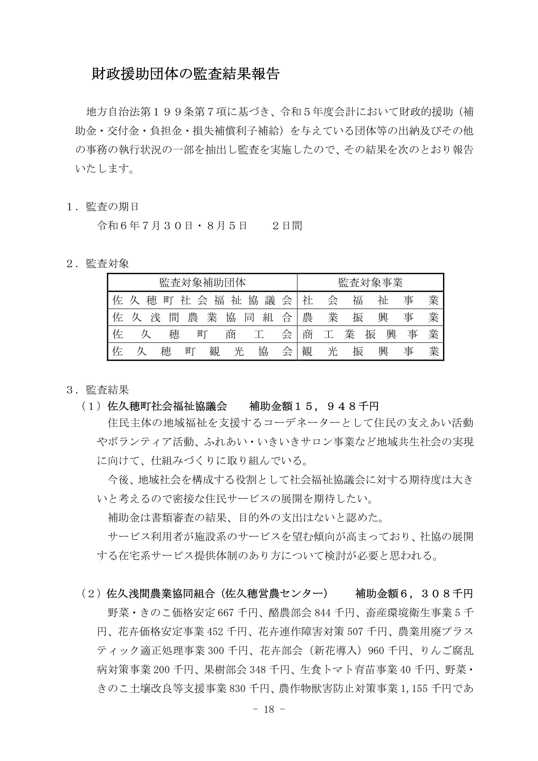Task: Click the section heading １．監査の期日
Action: (x=102, y=207)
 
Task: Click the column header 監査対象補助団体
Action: (x=202, y=283)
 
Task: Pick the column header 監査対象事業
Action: (x=370, y=283)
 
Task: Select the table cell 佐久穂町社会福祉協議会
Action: (x=202, y=300)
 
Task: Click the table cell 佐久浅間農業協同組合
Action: (x=202, y=318)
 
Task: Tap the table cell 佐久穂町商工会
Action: (x=202, y=334)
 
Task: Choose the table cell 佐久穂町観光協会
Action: (x=202, y=351)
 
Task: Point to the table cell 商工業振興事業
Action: (x=370, y=334)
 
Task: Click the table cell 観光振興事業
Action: (x=370, y=351)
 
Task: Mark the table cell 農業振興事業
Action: (x=370, y=318)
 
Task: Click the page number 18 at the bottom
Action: (x=269, y=709)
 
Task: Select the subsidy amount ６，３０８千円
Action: (x=436, y=594)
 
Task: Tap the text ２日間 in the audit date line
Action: (x=287, y=226)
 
